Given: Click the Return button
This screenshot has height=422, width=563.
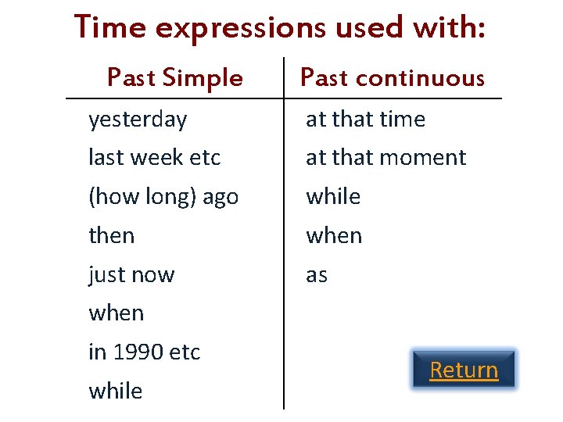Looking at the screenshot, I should (464, 370).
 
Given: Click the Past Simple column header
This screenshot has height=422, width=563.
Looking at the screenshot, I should (174, 77).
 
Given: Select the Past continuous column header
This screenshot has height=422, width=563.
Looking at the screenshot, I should (393, 77).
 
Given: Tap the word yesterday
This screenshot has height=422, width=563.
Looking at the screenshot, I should (138, 120).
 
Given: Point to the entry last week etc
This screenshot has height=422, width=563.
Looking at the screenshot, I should (155, 157).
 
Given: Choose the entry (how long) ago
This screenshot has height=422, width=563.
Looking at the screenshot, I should (163, 196).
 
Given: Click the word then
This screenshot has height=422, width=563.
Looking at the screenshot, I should (112, 235).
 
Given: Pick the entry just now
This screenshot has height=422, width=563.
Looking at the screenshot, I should (131, 274).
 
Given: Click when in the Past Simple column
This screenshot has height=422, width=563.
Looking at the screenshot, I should (117, 313).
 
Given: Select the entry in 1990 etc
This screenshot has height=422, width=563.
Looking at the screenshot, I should (145, 352).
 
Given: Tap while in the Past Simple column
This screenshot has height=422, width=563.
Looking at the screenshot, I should (116, 391).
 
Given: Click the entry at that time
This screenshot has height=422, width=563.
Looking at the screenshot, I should (365, 120).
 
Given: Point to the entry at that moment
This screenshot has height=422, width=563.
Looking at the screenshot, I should (385, 157).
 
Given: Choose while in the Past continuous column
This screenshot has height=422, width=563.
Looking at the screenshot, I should (333, 196).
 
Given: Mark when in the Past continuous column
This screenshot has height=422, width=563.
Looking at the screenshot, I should (334, 235).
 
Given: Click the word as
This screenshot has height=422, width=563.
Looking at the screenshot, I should (317, 275).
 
